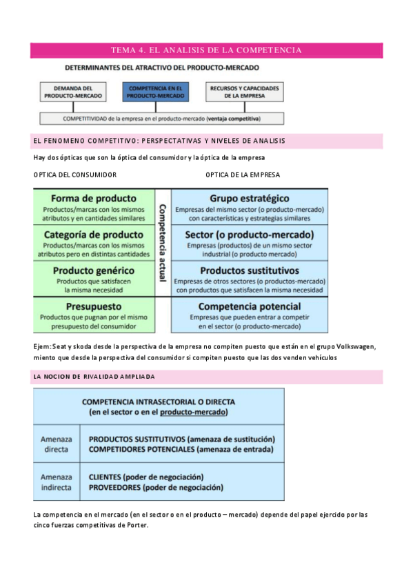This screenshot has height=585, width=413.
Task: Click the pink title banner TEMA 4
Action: [x=206, y=50]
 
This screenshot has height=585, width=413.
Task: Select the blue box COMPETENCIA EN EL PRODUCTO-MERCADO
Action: [x=155, y=92]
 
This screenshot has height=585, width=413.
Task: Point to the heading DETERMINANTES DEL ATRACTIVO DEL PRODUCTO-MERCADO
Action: [x=162, y=68]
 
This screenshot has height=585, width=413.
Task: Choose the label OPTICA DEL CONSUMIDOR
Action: [x=75, y=175]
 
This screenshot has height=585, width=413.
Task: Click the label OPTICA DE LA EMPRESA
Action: [x=243, y=175]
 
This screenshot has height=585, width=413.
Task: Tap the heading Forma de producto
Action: [x=94, y=198]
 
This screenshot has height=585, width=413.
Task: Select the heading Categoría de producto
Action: [x=94, y=235]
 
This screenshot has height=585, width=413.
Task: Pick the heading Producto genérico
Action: [x=94, y=270]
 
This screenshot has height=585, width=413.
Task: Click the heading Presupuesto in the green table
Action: [x=94, y=306]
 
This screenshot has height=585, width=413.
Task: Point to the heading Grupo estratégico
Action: [x=250, y=198]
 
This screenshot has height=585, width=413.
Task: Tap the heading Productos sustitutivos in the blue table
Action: [x=250, y=270]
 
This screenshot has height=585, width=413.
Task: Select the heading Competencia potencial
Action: [x=250, y=306]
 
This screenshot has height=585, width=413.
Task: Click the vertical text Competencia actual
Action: [x=163, y=241]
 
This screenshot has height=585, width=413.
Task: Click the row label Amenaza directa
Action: [x=56, y=444]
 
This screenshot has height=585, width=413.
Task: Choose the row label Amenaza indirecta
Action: [x=56, y=482]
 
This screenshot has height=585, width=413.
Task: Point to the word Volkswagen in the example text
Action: [x=356, y=346]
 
